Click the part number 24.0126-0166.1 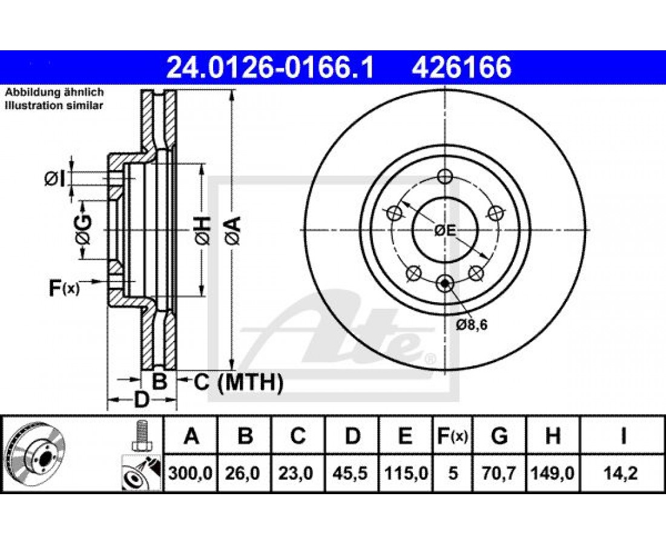tap(270, 67)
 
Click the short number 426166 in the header tap(461, 67)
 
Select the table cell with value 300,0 tap(190, 473)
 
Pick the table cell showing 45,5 tap(352, 473)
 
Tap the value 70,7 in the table tap(499, 473)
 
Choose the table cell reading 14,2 tap(622, 473)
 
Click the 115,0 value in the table tap(406, 473)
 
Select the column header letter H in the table tap(553, 436)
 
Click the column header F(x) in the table tap(453, 436)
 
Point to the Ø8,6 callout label tap(472, 325)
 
